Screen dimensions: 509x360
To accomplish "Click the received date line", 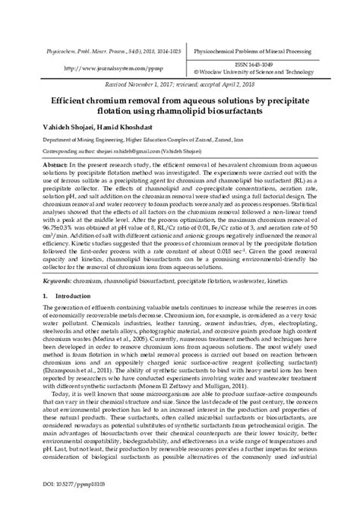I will click(180, 86).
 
